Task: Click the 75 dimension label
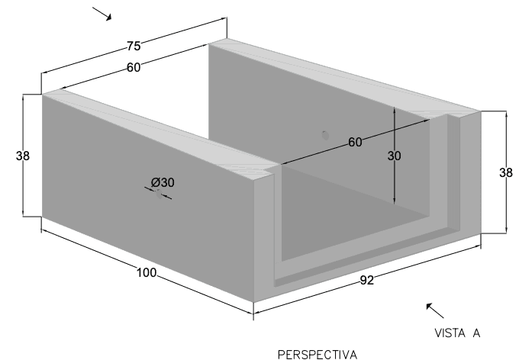click(x=134, y=46)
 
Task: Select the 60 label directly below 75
click(x=134, y=67)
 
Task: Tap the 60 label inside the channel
click(x=355, y=142)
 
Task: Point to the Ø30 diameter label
click(x=163, y=182)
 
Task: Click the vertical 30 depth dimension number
click(x=395, y=156)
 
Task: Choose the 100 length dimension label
click(x=147, y=272)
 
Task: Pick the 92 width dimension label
click(x=367, y=280)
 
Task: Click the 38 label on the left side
click(x=22, y=156)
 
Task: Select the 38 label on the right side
click(x=506, y=172)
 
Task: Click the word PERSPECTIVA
click(x=318, y=355)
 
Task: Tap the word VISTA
click(x=450, y=333)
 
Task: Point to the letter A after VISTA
click(x=476, y=333)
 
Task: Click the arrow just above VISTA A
click(x=435, y=310)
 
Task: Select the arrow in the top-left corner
click(x=102, y=14)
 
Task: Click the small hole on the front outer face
click(x=160, y=194)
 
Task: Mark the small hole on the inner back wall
click(x=326, y=135)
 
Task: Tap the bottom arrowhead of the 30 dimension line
click(x=395, y=201)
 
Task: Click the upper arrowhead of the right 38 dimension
click(x=506, y=114)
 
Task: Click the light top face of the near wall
click(x=159, y=129)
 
